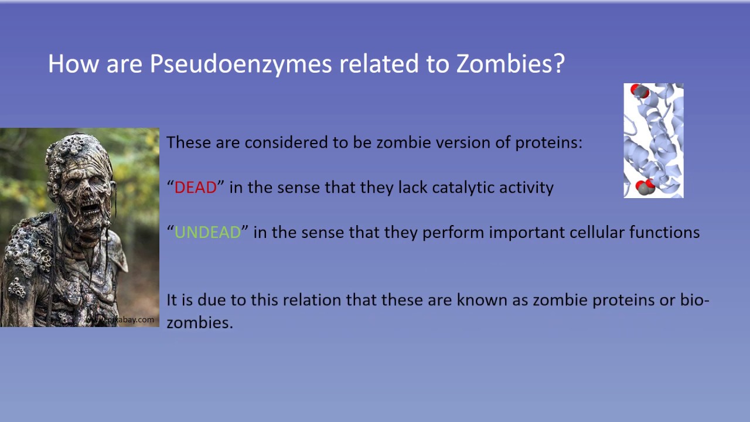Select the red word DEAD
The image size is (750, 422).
point(196,188)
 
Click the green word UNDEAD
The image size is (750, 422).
point(207,232)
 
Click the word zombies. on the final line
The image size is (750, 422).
point(199,322)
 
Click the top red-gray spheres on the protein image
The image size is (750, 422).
point(639,91)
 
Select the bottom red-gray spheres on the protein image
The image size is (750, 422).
point(645,187)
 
